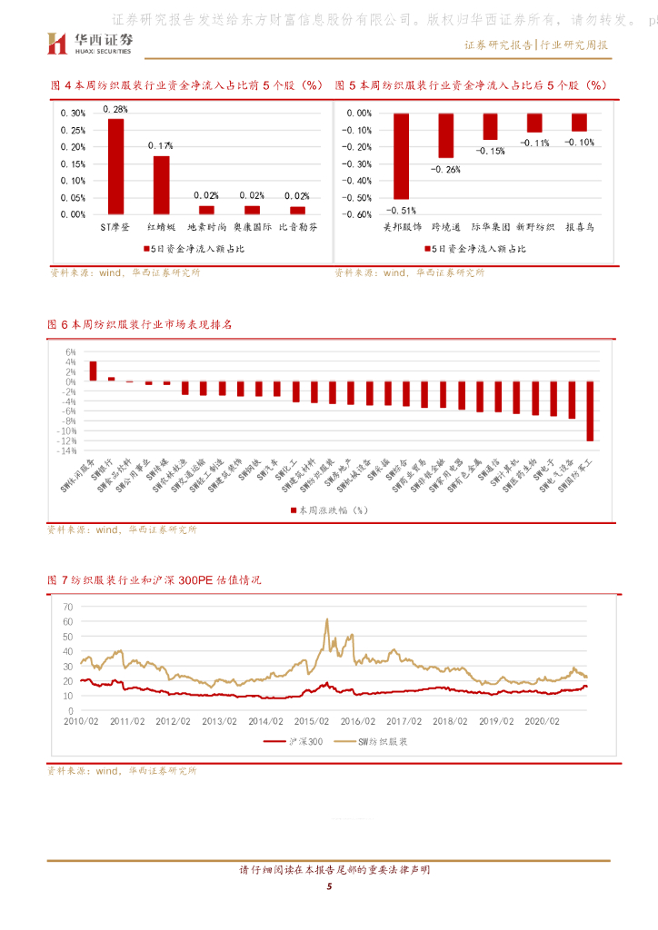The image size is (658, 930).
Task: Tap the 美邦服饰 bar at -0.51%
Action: [401, 156]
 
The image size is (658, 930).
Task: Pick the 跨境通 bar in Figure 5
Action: [445, 135]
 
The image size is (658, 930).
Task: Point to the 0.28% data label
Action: [115, 110]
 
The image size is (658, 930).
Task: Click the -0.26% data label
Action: [445, 169]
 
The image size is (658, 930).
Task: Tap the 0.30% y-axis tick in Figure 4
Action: [73, 114]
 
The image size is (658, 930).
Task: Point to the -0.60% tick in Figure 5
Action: [360, 215]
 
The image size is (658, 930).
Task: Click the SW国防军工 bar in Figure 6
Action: [589, 411]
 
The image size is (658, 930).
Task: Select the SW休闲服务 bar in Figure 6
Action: [93, 371]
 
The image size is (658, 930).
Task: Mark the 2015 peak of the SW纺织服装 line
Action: [327, 620]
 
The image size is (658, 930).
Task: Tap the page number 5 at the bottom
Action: [329, 899]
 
